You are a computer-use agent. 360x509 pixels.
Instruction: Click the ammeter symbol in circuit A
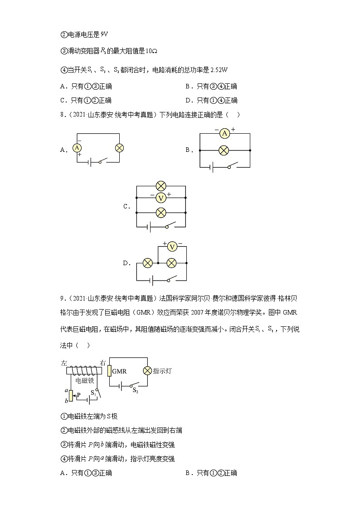tap(77, 148)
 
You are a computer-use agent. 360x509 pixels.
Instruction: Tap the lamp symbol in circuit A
tap(120, 148)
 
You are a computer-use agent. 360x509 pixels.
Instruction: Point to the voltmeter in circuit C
tap(161, 198)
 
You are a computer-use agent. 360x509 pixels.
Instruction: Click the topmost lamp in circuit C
tap(161, 185)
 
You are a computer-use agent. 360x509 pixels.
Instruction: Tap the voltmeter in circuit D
tap(172, 247)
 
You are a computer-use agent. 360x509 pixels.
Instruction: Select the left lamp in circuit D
tap(147, 263)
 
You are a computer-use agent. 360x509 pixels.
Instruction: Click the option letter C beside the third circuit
tap(126, 207)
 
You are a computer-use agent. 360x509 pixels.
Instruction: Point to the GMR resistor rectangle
tap(109, 371)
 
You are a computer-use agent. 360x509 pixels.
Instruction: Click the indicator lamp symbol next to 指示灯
tap(147, 371)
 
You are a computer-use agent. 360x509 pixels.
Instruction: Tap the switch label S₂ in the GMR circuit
tap(135, 390)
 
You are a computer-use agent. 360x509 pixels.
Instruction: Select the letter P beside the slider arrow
tap(78, 395)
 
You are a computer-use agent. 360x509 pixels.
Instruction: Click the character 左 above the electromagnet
tap(63, 363)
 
